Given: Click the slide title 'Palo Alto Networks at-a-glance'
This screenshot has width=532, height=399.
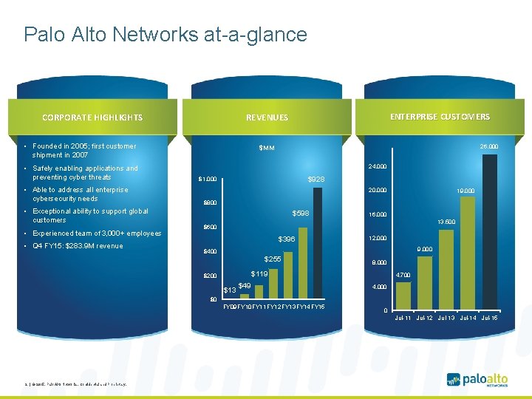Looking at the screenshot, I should pyautogui.click(x=165, y=35).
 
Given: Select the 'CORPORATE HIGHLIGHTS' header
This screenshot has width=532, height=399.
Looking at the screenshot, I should pyautogui.click(x=92, y=117).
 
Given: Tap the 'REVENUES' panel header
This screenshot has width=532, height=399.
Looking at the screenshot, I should pyautogui.click(x=267, y=117).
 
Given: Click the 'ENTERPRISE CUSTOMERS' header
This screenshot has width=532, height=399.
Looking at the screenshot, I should pyautogui.click(x=439, y=117).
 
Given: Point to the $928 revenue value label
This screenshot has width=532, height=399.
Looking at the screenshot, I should pyautogui.click(x=316, y=180).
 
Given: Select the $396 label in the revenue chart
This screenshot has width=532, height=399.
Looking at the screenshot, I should pyautogui.click(x=286, y=240).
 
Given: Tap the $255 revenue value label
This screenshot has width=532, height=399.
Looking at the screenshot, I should pyautogui.click(x=273, y=259).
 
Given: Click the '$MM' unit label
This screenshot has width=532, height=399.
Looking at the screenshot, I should pyautogui.click(x=267, y=149).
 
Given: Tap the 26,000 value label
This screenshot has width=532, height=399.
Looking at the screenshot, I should pyautogui.click(x=488, y=146).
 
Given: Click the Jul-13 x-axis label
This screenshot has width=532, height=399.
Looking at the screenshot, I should pyautogui.click(x=446, y=318).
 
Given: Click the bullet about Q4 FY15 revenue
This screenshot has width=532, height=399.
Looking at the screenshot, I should pyautogui.click(x=77, y=246).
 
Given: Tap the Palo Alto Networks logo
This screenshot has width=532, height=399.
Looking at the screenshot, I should pyautogui.click(x=477, y=380).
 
